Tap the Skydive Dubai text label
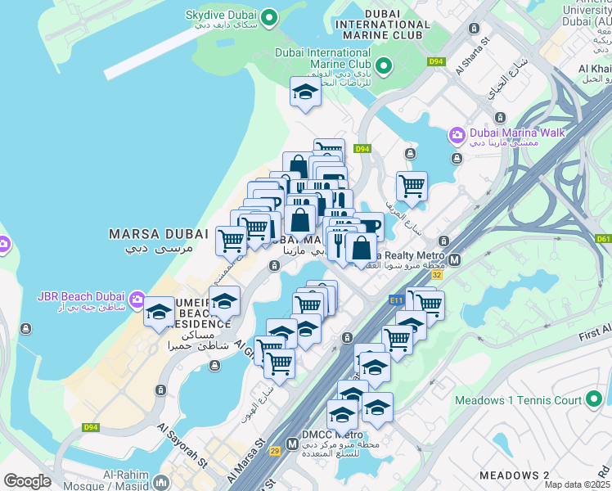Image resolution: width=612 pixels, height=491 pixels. tap(221, 16)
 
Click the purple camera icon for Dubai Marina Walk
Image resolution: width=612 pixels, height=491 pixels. tap(456, 133)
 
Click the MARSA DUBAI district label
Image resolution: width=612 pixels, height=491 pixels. tap(151, 234)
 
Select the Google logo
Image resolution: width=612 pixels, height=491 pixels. tap(27, 480)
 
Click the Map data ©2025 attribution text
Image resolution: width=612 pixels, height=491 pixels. tap(578, 484)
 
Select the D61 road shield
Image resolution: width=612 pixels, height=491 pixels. tap(603, 239)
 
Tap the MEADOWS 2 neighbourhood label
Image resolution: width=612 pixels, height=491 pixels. tap(514, 475)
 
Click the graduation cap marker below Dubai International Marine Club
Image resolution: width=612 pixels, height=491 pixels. tap(305, 92)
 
